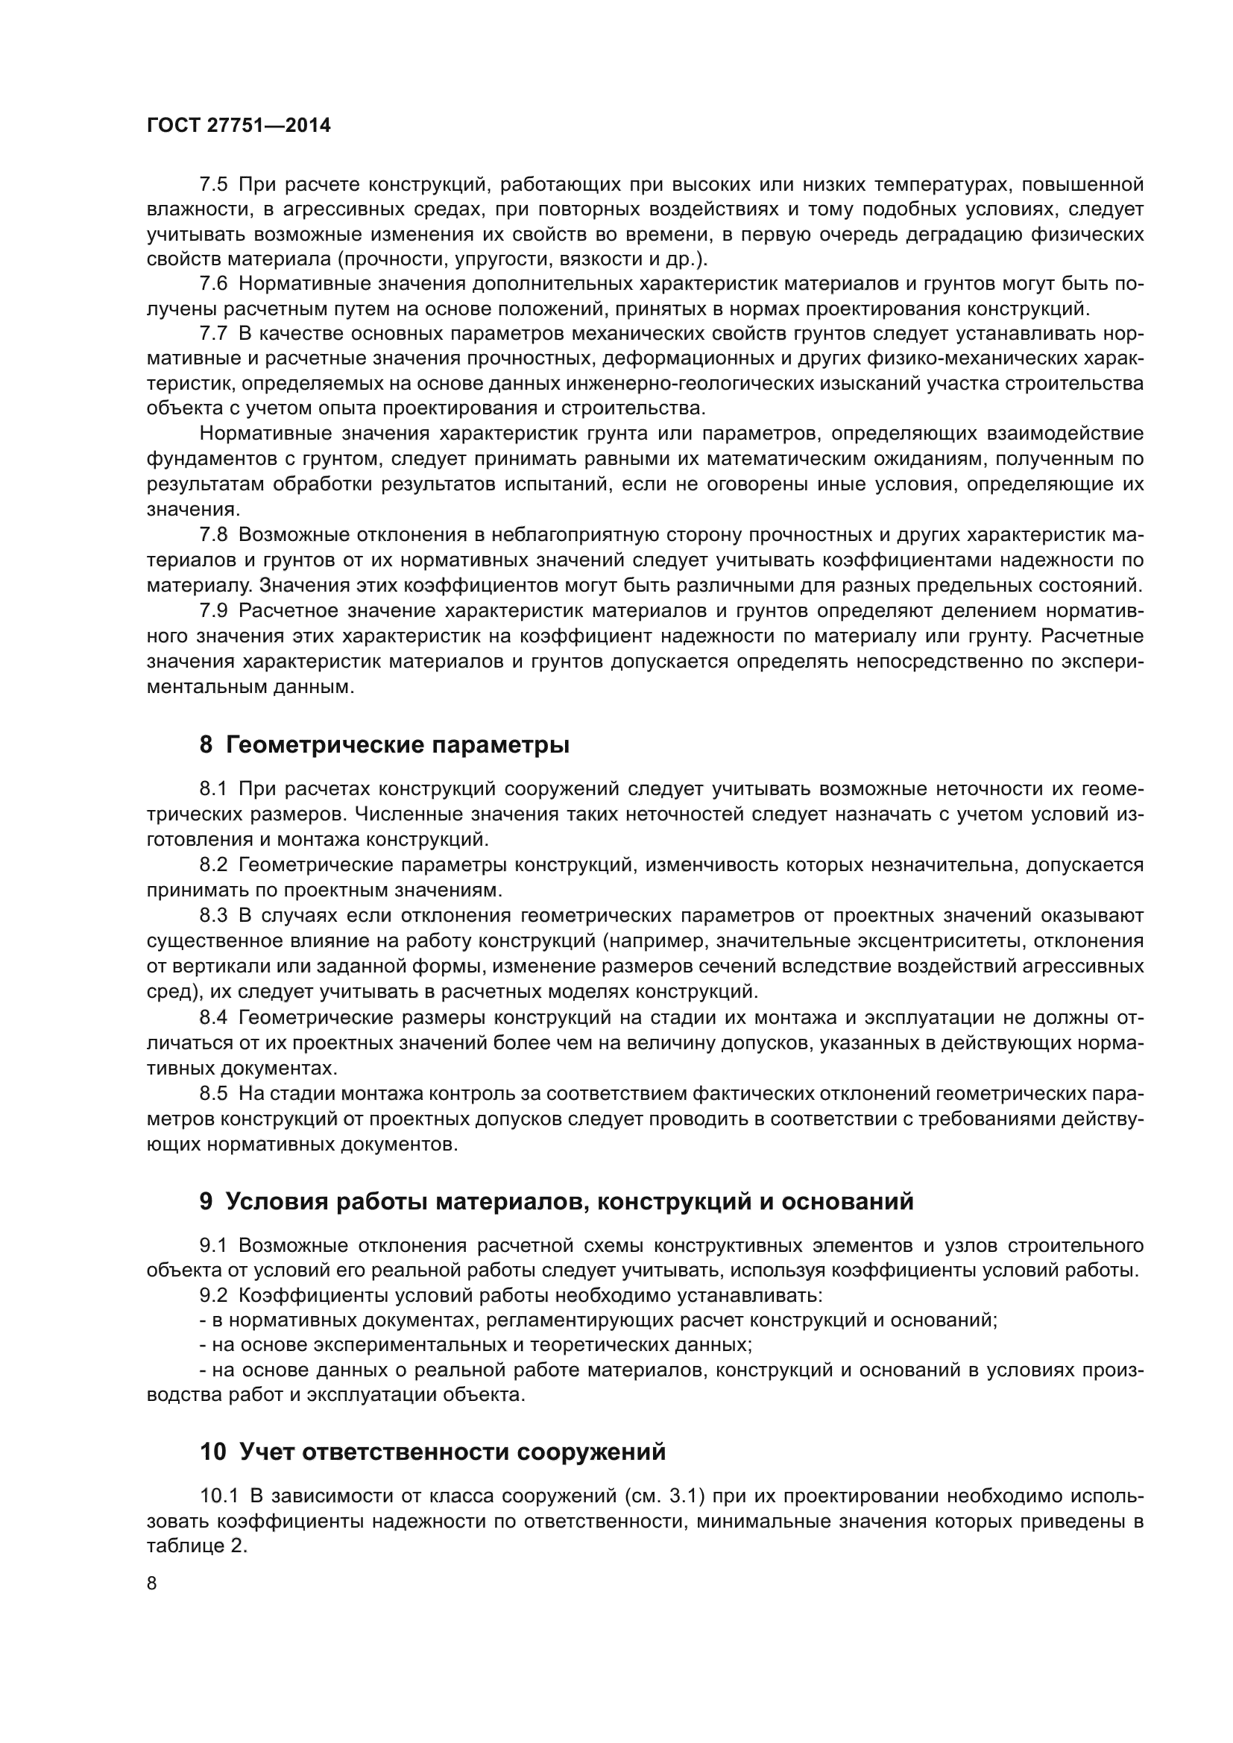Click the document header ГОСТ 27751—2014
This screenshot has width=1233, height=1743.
(239, 126)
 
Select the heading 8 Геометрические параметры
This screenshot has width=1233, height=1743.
(384, 745)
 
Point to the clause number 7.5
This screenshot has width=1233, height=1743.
(213, 185)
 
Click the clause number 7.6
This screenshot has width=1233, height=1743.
(213, 284)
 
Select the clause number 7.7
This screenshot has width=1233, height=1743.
(213, 334)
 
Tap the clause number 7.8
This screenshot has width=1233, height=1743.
(213, 534)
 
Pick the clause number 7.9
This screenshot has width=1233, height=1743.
(213, 610)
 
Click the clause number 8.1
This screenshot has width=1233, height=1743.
(213, 789)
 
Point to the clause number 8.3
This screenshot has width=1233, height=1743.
(213, 917)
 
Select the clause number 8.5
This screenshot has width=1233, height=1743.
(213, 1093)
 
